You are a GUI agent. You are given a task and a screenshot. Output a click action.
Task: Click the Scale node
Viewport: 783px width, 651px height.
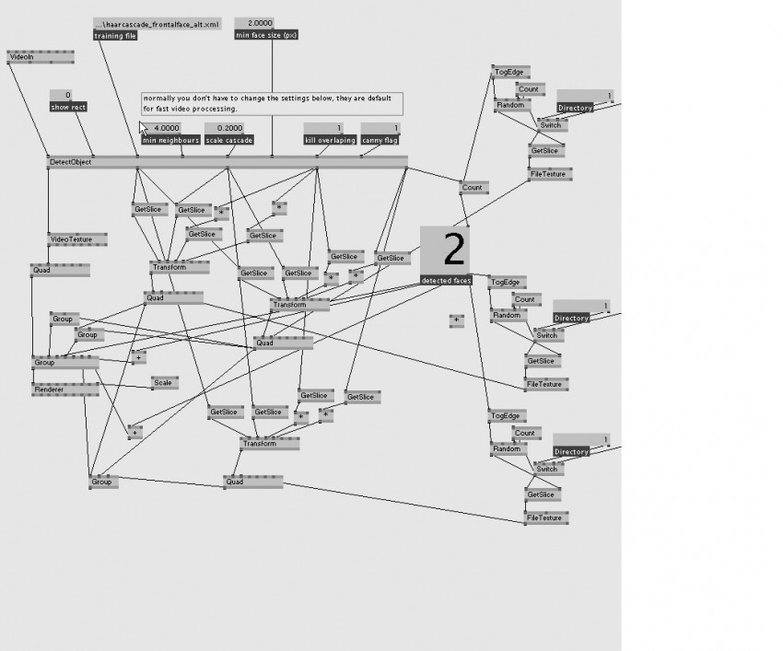click(164, 382)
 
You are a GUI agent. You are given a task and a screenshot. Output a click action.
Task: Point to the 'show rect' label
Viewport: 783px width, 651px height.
click(68, 107)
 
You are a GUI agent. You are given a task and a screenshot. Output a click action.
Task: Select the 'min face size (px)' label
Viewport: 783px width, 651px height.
click(267, 36)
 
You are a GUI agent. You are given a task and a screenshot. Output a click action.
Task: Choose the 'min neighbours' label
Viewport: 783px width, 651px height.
click(170, 140)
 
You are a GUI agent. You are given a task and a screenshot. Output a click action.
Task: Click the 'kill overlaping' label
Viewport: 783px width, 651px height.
click(330, 140)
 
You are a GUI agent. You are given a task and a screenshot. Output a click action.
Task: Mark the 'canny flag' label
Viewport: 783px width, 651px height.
click(380, 140)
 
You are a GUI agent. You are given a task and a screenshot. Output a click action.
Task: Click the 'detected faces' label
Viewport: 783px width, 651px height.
click(446, 280)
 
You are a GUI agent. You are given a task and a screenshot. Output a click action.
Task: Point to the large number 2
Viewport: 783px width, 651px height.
click(453, 250)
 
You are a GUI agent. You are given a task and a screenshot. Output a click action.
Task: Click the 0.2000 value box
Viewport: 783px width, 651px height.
click(229, 128)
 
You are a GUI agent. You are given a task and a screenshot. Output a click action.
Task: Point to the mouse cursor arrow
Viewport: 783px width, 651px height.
click(143, 128)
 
